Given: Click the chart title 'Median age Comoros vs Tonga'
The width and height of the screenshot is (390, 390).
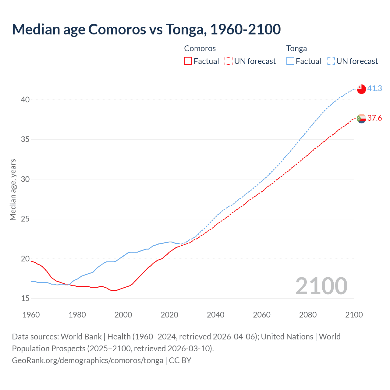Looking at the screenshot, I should coord(146,30).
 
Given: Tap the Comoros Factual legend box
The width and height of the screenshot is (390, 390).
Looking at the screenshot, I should coord(188,61).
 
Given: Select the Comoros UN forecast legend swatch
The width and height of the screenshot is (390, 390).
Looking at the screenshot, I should coord(229,61).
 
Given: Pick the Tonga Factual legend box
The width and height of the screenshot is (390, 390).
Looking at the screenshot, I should coord(290,61).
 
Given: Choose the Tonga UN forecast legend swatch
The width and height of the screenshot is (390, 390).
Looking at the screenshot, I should coord(331,61).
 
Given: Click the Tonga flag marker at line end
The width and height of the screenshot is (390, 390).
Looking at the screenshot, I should coord(361,89).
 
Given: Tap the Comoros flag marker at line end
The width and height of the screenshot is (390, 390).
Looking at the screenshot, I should coord(361,119).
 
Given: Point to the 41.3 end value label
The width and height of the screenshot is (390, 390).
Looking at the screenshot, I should coord(374,89).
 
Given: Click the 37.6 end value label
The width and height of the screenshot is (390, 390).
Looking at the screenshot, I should coord(374,118).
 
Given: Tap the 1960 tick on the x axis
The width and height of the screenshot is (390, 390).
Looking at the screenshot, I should coord(31,315).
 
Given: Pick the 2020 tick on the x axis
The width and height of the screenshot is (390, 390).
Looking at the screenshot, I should coord(169,315).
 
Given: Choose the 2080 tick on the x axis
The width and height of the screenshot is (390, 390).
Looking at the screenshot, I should coord(308,315).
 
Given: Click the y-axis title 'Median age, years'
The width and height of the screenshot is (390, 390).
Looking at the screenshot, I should coord(13,190).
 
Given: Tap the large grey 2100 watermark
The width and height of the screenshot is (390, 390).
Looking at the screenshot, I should coord(321,286).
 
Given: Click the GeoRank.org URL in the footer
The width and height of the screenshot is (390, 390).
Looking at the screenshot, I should coord(87,360).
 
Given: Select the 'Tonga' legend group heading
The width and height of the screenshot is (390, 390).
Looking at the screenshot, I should coord(296,49).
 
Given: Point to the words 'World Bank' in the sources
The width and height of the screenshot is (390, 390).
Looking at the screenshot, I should coord(81,337).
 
